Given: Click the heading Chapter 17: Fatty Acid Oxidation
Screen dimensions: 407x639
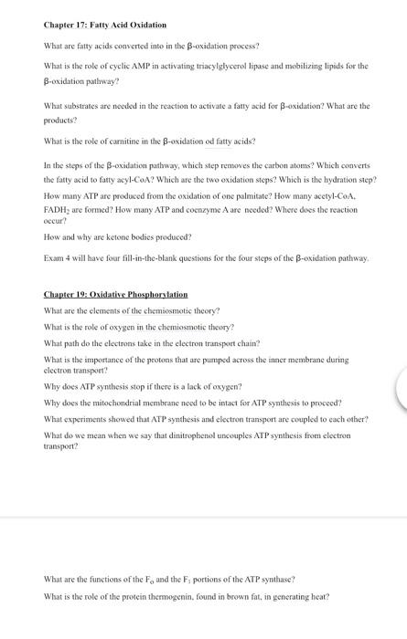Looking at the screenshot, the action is pos(105,25).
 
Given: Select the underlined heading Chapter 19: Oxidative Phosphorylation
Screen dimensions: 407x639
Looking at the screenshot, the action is pos(115,295).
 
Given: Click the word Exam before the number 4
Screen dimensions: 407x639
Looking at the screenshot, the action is pos(54,258).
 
